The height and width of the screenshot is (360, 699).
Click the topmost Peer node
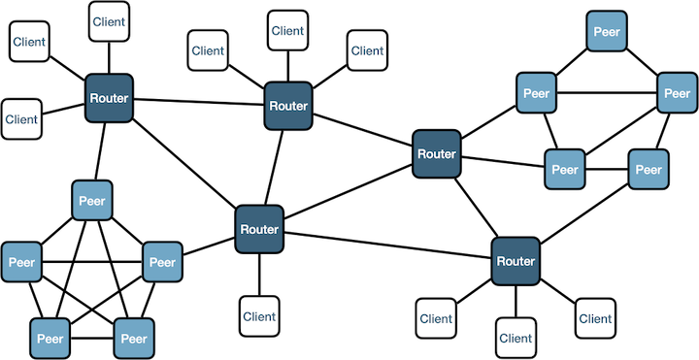[x=606, y=31]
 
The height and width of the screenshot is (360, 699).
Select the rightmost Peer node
[x=678, y=93]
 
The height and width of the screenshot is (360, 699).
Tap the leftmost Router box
[x=109, y=98]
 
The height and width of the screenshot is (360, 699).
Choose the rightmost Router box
[x=516, y=261]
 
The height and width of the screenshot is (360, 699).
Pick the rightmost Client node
[x=595, y=318]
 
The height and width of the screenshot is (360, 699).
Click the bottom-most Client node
[x=516, y=338]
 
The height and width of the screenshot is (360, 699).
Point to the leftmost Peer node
[x=21, y=262]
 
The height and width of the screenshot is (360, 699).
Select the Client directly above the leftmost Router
[x=109, y=21]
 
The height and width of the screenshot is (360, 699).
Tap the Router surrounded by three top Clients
[x=287, y=106]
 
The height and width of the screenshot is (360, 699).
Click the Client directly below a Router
[x=259, y=316]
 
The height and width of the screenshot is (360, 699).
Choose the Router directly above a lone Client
[x=259, y=229]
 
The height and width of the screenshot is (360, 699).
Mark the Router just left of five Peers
[x=437, y=153]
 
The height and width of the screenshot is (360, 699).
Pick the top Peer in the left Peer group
[x=92, y=201]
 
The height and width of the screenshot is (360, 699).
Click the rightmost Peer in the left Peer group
[x=162, y=262]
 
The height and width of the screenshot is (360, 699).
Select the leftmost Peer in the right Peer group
[x=536, y=93]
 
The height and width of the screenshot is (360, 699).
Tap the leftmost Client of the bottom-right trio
[x=436, y=318]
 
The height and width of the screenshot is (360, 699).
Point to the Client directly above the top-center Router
[x=287, y=30]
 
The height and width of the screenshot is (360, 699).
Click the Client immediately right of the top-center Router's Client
[x=367, y=50]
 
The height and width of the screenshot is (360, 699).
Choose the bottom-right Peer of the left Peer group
[x=134, y=339]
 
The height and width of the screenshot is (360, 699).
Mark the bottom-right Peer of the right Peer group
[x=649, y=169]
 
